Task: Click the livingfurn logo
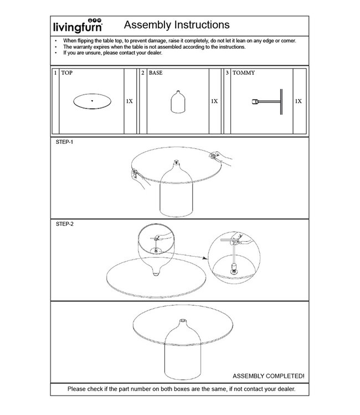pos(84,26)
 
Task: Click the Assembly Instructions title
pos(176,25)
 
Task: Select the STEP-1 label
pos(65,142)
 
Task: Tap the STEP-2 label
pos(65,224)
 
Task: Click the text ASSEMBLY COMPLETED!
pos(268,376)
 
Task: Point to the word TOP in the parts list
pos(67,73)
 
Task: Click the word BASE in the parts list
pos(156,73)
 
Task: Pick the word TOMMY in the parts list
pos(244,73)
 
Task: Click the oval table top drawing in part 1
pos(92,101)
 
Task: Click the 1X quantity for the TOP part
pos(129,102)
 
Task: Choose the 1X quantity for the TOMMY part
pos(299,102)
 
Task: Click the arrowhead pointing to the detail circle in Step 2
pos(204,258)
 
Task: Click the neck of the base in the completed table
pos(182,323)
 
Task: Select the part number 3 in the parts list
pos(228,73)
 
